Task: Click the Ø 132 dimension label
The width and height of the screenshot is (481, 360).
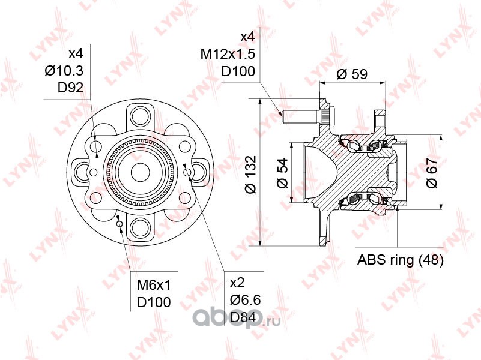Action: (x=251, y=175)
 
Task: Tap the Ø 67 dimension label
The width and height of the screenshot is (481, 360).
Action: (x=432, y=173)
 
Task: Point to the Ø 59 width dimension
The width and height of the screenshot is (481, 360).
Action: (x=352, y=74)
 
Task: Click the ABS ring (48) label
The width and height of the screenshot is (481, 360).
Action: (x=401, y=260)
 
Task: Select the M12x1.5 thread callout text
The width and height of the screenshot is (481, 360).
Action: (x=228, y=54)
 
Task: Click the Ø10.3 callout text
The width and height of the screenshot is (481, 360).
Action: (x=64, y=71)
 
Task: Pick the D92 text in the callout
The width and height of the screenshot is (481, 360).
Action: (x=70, y=88)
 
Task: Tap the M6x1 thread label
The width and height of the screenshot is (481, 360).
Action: (x=153, y=286)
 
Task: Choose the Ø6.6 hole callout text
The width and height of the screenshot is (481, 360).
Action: (x=246, y=300)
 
